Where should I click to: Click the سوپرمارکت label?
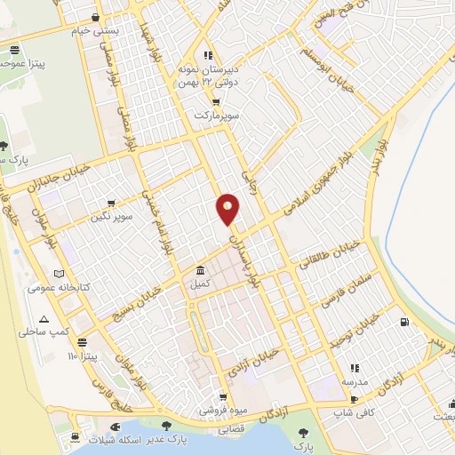coord(217,115)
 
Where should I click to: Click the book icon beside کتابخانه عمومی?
coord(60,274)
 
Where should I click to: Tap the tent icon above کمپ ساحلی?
coord(42,318)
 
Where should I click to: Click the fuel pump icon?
coord(405,323)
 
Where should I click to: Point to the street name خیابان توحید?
coord(359,331)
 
